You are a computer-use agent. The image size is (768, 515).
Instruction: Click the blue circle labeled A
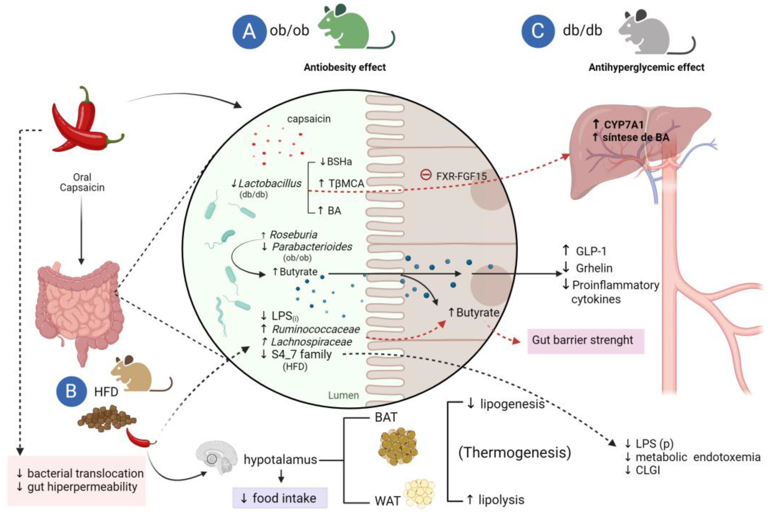pos(249,32)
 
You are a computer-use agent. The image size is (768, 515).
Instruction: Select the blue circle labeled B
pos(71,391)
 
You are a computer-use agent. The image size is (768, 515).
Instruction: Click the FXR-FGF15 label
pos(461,176)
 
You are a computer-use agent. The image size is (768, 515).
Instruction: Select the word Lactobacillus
pos(269,183)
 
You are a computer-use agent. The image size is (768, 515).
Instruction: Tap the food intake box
pos(280,498)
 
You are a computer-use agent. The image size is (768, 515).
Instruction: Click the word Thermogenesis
pos(514,453)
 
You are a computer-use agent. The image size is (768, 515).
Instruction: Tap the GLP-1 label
pos(590,251)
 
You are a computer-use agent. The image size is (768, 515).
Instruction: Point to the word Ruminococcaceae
pos(316,329)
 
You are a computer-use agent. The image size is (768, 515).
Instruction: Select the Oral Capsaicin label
pos(82,182)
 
